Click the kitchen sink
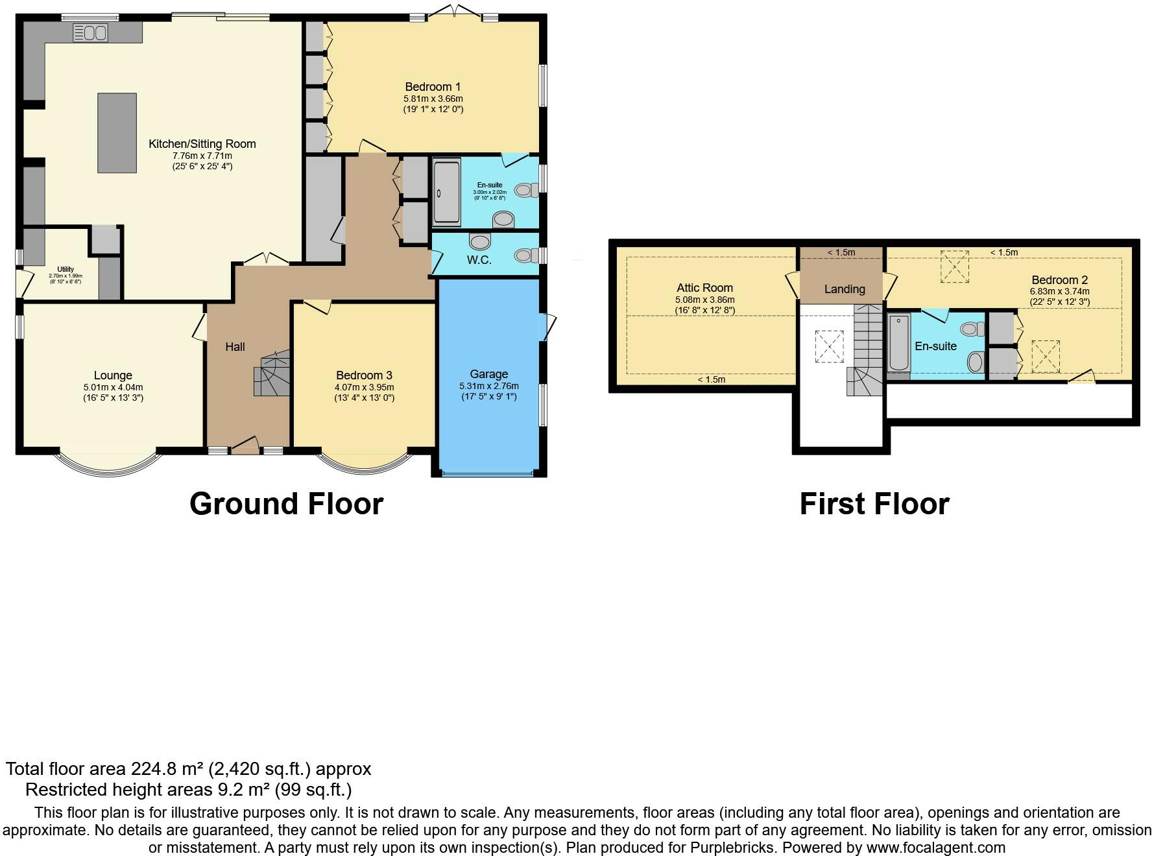point(90,32)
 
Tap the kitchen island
point(117,133)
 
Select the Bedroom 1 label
point(433,87)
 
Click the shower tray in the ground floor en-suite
point(446,193)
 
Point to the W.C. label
point(479,260)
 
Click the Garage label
point(488,374)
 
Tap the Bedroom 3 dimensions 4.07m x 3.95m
point(365,387)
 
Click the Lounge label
point(113,375)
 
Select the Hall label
point(235,347)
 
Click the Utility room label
point(66,269)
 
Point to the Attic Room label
point(704,288)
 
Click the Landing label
point(845,289)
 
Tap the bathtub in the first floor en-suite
point(898,342)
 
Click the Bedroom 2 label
point(1060,280)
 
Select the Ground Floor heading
point(286,504)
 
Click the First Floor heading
point(874,504)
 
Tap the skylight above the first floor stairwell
point(829,346)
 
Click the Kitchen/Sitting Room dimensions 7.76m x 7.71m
point(202,156)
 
